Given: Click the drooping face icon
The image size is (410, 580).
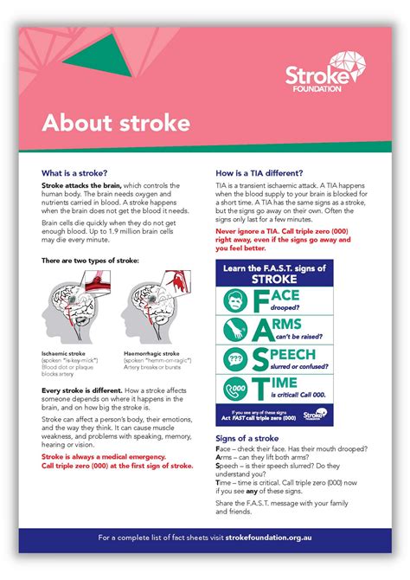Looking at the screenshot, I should click(234, 301).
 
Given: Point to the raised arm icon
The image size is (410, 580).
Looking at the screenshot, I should click(234, 330).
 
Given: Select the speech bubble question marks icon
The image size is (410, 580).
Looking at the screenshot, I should click(234, 358).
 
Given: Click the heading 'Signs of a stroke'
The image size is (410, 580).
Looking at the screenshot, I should click(248, 440).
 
